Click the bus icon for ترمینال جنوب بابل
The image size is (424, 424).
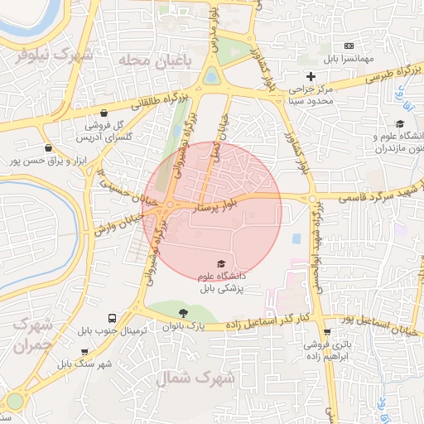(x=112, y=318)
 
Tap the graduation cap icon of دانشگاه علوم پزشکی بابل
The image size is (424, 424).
(x=221, y=263)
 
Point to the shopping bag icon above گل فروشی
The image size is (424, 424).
(x=104, y=113)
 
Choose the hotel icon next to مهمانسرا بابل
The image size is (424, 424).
(x=349, y=46)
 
